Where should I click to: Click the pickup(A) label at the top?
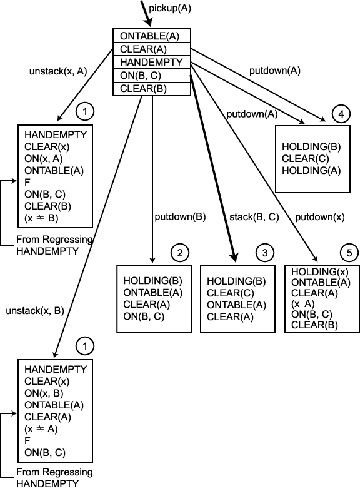pyautogui.click(x=169, y=9)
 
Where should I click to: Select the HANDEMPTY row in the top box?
pyautogui.click(x=152, y=62)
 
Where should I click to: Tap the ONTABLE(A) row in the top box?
pyautogui.click(x=152, y=36)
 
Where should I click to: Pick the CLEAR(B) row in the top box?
pyautogui.click(x=152, y=89)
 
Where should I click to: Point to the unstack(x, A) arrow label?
pyautogui.click(x=58, y=71)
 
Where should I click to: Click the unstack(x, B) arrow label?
pyautogui.click(x=35, y=311)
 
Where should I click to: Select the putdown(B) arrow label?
pyautogui.click(x=180, y=216)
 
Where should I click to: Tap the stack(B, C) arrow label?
pyautogui.click(x=254, y=217)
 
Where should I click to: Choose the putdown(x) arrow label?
pyautogui.click(x=319, y=217)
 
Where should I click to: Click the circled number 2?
pyautogui.click(x=180, y=253)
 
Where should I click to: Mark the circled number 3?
pyautogui.click(x=265, y=253)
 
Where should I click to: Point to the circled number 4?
pyautogui.click(x=341, y=114)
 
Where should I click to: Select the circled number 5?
pyautogui.click(x=349, y=253)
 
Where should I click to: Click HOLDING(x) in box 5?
pyautogui.click(x=319, y=271)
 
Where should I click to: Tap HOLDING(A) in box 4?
pyautogui.click(x=311, y=171)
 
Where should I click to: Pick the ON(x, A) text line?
pyautogui.click(x=44, y=159)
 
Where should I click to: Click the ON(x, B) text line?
pyautogui.click(x=44, y=393)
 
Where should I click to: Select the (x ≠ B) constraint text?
pyautogui.click(x=41, y=218)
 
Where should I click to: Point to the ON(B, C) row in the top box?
pyautogui.click(x=152, y=76)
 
